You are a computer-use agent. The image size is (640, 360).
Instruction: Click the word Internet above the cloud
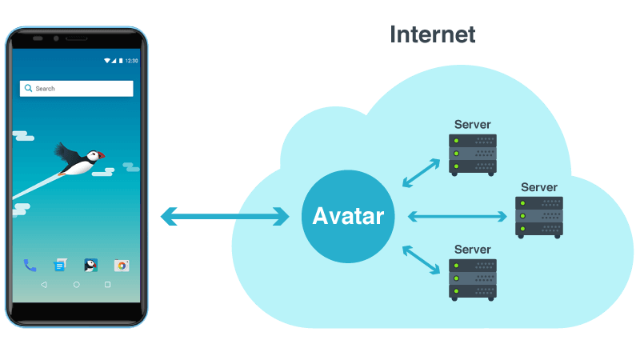point(432,34)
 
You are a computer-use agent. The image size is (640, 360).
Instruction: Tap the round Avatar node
point(348,216)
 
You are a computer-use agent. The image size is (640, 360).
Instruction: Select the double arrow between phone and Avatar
point(225,216)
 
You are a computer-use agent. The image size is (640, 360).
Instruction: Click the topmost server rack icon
point(472,154)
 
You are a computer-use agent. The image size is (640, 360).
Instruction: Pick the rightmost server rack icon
point(538,216)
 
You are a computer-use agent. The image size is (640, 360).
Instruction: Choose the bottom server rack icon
point(472,278)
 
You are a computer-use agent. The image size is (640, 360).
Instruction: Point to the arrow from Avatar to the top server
point(421,172)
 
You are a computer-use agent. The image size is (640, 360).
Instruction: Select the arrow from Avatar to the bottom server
point(421,259)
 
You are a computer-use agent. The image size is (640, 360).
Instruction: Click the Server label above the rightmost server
point(538,187)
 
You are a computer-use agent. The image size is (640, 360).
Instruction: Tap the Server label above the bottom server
point(472,250)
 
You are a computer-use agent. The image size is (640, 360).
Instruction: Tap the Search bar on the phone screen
point(77,89)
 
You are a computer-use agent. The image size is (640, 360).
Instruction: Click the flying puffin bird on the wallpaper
point(80,159)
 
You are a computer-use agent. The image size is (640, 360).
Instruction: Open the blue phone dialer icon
point(30,266)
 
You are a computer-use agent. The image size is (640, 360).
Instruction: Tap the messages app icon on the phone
point(60,266)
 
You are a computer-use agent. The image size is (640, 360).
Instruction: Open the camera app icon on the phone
point(122,266)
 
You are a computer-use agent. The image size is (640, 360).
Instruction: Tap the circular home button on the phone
point(77,285)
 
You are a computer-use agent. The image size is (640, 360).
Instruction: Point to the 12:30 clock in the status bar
point(131,61)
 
